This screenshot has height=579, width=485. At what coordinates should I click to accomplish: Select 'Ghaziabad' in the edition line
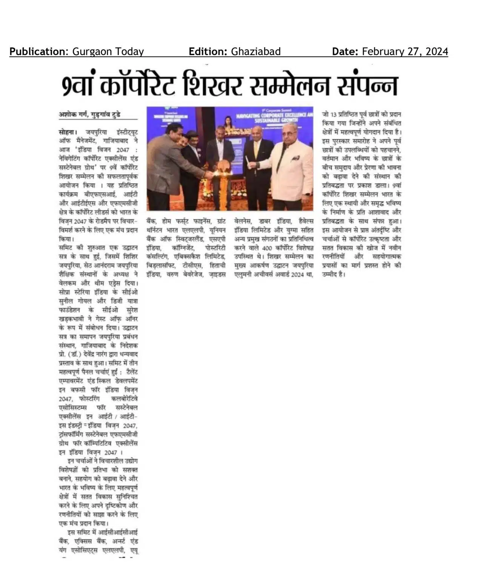click(x=256, y=52)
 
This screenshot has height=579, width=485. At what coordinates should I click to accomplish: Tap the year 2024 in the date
click(x=436, y=52)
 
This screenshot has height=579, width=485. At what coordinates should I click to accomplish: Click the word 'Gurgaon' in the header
click(x=89, y=52)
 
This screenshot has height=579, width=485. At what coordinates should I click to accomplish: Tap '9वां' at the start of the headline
click(x=79, y=87)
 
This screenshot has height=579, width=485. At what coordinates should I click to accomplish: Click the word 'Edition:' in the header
click(x=208, y=52)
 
